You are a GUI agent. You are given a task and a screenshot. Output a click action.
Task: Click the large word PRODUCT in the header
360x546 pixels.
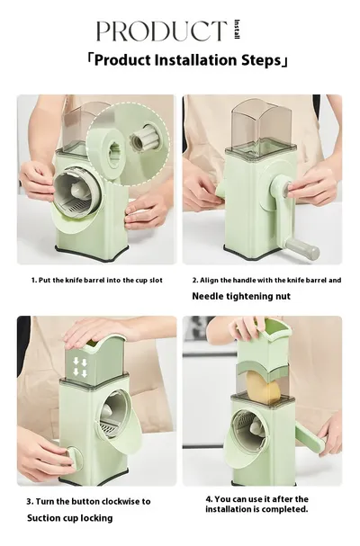[x=161, y=31]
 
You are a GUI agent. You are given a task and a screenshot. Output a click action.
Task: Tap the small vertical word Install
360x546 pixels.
[x=237, y=30]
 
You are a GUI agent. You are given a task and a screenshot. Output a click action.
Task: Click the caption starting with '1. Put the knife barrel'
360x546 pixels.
[x=97, y=280]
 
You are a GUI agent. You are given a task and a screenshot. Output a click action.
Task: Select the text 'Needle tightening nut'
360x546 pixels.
[x=241, y=296]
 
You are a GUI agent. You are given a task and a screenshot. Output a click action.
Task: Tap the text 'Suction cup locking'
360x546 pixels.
[x=69, y=518]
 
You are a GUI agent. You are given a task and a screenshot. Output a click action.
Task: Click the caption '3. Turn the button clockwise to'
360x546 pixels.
[x=88, y=501]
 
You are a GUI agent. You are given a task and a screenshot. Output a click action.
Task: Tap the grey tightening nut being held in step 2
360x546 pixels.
[x=287, y=188]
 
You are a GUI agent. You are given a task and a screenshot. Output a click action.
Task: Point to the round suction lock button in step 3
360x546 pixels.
[x=73, y=456]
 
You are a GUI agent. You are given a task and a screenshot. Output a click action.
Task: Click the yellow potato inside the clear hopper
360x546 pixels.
[x=264, y=388]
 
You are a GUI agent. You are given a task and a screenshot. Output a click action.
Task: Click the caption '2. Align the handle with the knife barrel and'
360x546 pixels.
[x=266, y=280]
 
